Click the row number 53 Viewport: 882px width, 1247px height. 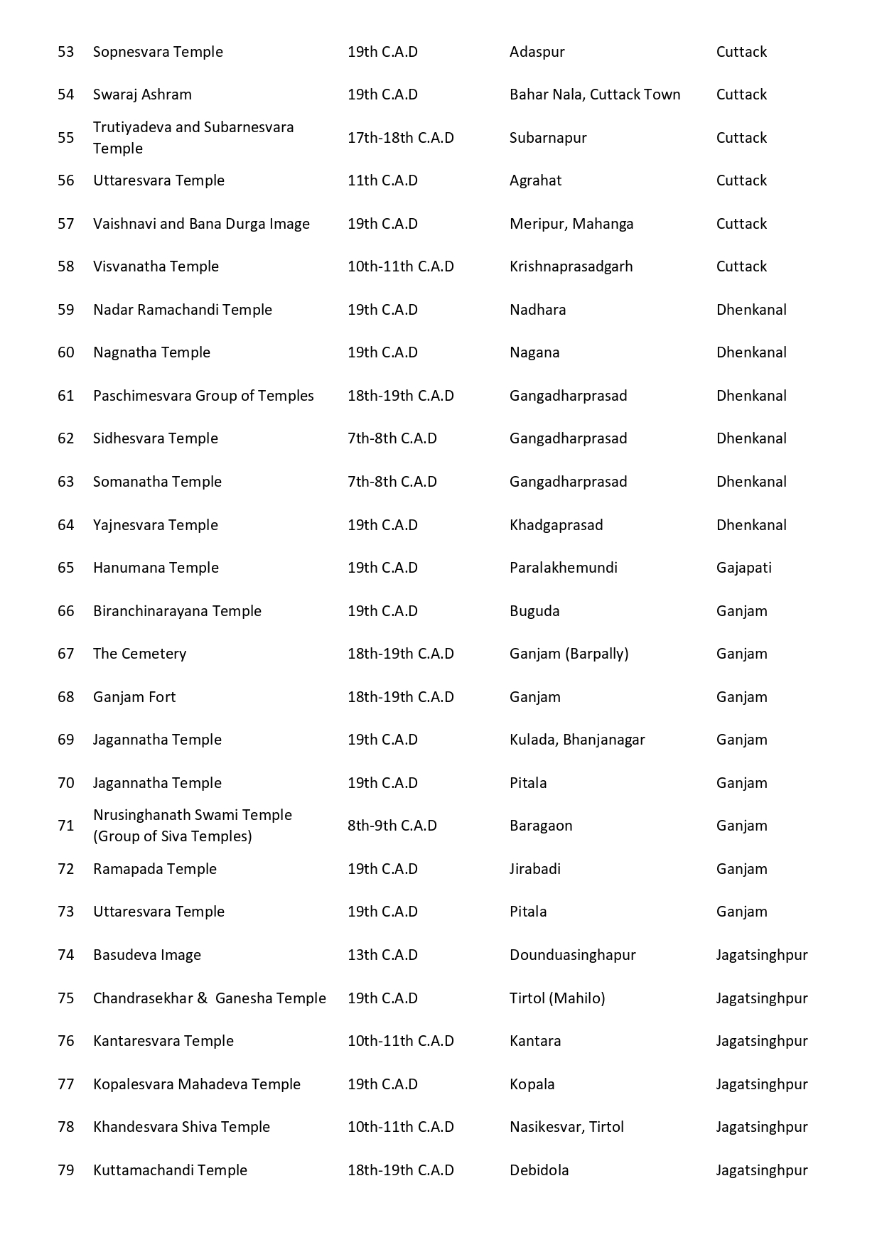coord(65,52)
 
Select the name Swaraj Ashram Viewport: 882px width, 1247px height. coord(142,95)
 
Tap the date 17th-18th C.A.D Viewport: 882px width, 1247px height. coord(400,138)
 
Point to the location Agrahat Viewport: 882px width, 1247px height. coord(535,180)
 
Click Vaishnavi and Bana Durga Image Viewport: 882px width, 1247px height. coord(201,224)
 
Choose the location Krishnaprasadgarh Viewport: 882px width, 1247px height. coord(571,266)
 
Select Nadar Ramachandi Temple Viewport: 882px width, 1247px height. coord(183,310)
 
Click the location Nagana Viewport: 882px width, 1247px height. coord(534,352)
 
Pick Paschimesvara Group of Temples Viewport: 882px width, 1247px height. coord(203,396)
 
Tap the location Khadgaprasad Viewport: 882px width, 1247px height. coord(556,525)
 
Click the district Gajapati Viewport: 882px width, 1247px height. coord(743,568)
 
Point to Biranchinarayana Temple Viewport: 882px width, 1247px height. coord(177,611)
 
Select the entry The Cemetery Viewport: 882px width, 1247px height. coord(139,654)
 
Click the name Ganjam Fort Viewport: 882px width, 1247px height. coord(134,697)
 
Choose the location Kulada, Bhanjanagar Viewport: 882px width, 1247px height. coord(577,740)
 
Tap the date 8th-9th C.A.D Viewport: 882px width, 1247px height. coord(392,826)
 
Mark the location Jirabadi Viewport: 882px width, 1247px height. coord(534,869)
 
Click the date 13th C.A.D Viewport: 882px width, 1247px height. coord(382,955)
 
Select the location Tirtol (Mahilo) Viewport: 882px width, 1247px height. coord(557,998)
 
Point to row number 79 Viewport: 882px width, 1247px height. coord(65,1170)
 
